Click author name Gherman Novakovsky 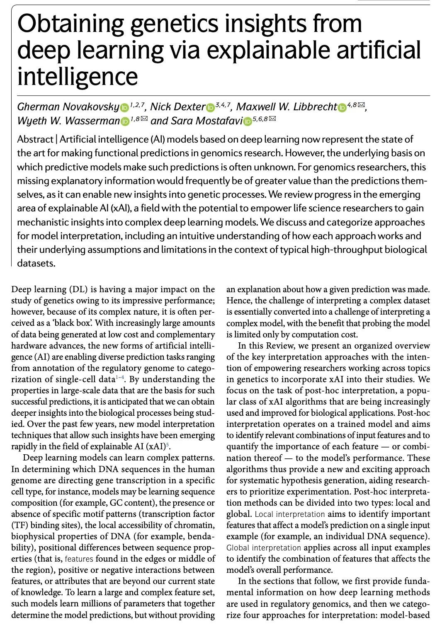click(68, 107)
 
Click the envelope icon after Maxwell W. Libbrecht click(361, 105)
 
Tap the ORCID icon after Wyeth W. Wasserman click(125, 122)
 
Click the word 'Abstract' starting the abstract click(35, 140)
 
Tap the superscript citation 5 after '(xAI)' click(168, 444)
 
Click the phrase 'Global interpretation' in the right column click(263, 548)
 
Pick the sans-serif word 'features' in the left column click(79, 559)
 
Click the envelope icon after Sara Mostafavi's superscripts click(272, 119)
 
